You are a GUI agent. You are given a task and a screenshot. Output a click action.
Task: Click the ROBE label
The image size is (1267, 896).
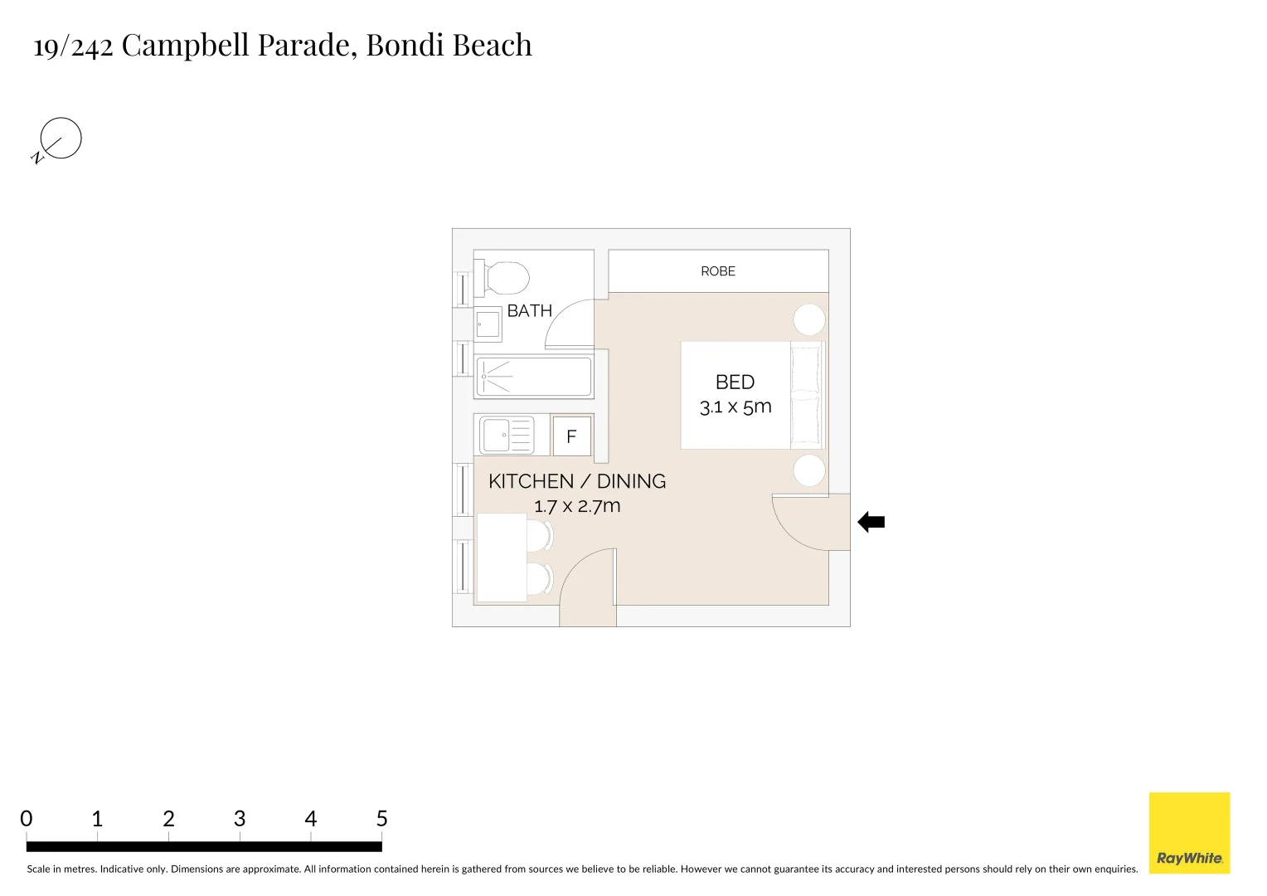point(717,271)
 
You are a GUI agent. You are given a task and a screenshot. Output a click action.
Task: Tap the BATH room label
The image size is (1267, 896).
point(529,311)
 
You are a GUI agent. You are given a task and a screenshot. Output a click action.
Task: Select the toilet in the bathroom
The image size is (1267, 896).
point(503,278)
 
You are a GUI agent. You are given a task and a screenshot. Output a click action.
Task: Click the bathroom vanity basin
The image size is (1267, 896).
point(488,324)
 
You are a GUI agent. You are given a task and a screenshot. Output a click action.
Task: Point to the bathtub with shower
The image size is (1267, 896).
point(533,377)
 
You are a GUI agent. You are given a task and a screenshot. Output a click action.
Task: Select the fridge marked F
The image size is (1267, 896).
point(571,436)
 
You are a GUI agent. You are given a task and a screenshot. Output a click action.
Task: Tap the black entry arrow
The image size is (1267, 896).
point(871,523)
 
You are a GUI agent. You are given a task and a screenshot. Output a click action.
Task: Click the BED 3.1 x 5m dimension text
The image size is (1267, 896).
point(735,407)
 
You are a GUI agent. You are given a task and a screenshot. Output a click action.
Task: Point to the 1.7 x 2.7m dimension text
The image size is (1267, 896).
point(577,506)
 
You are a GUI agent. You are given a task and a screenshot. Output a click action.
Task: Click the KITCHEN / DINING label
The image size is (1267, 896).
point(577,481)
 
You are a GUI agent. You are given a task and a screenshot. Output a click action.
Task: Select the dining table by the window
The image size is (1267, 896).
point(502,558)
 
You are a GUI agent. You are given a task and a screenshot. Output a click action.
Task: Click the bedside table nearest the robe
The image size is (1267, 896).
point(808,319)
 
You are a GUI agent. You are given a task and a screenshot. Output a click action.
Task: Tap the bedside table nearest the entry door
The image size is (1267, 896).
point(808,470)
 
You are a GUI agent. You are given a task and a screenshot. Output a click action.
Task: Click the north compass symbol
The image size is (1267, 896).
point(60,139)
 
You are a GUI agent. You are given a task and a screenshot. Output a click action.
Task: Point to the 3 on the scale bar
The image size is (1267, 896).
point(240,819)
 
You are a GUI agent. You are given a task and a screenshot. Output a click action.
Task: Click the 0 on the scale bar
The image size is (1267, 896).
point(27,819)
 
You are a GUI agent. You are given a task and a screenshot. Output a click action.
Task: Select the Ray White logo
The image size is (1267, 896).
point(1189,833)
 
